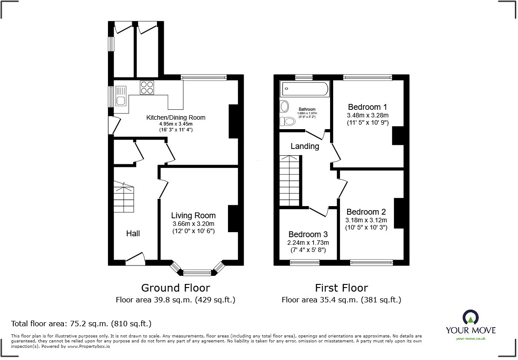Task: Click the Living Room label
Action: (193, 216)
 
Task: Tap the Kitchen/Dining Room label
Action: (176, 117)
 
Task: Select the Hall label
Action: (133, 233)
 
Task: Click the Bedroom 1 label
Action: (367, 107)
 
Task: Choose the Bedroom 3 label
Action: (308, 234)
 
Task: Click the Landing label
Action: (304, 146)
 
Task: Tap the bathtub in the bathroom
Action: (304, 89)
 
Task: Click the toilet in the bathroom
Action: (287, 121)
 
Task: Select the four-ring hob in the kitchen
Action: (147, 87)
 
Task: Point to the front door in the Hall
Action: (135, 258)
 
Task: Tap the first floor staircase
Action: (290, 180)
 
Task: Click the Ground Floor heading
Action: (175, 288)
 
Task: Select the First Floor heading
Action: (341, 288)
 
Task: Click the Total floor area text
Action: (81, 323)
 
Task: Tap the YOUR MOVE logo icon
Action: (470, 318)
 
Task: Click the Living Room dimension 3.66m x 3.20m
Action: (193, 224)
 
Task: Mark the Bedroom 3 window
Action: (304, 263)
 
